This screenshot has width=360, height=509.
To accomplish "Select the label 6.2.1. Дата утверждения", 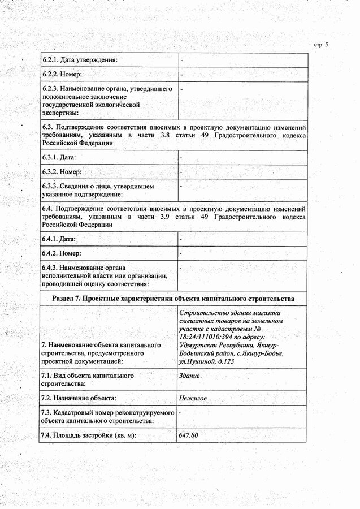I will point(80,60).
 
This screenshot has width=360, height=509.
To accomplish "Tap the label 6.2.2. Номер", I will point(62,74).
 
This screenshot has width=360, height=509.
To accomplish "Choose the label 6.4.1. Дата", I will point(59,239).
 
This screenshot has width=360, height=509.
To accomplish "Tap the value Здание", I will point(189,376).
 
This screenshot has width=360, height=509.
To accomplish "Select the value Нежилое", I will point(192,399).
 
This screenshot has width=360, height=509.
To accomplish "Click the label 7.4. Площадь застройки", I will point(89,435).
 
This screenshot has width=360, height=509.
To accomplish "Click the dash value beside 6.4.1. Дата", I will point(180,239).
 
